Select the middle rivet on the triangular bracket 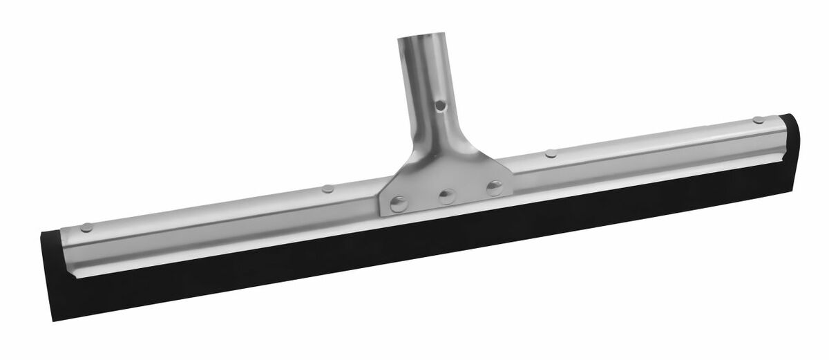point(447,196)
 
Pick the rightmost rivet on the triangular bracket point(494,187)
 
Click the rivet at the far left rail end point(86,227)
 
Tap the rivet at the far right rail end point(759,120)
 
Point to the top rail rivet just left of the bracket point(327,188)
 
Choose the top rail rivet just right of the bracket point(551,153)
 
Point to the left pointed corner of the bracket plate point(381,211)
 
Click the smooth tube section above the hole point(423,69)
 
